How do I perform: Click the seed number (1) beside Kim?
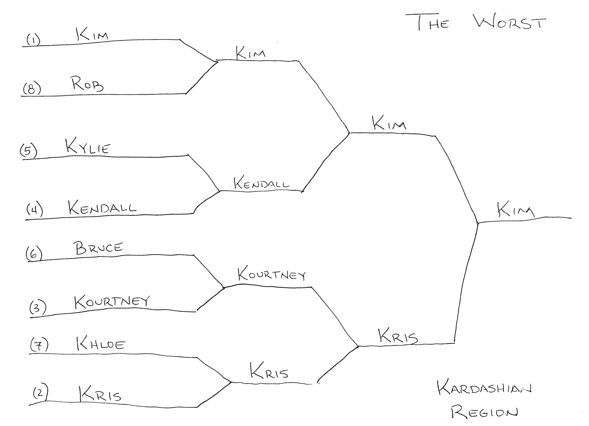[x=33, y=40]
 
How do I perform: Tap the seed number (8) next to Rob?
[x=32, y=89]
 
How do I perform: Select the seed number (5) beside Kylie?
[x=29, y=151]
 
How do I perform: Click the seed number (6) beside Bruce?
[x=34, y=253]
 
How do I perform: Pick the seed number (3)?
[x=38, y=308]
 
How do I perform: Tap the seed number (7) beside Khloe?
[x=39, y=345]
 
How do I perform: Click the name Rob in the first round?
[x=87, y=84]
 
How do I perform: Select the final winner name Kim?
[x=515, y=210]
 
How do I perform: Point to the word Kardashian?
[x=484, y=388]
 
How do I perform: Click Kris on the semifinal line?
[x=398, y=336]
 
